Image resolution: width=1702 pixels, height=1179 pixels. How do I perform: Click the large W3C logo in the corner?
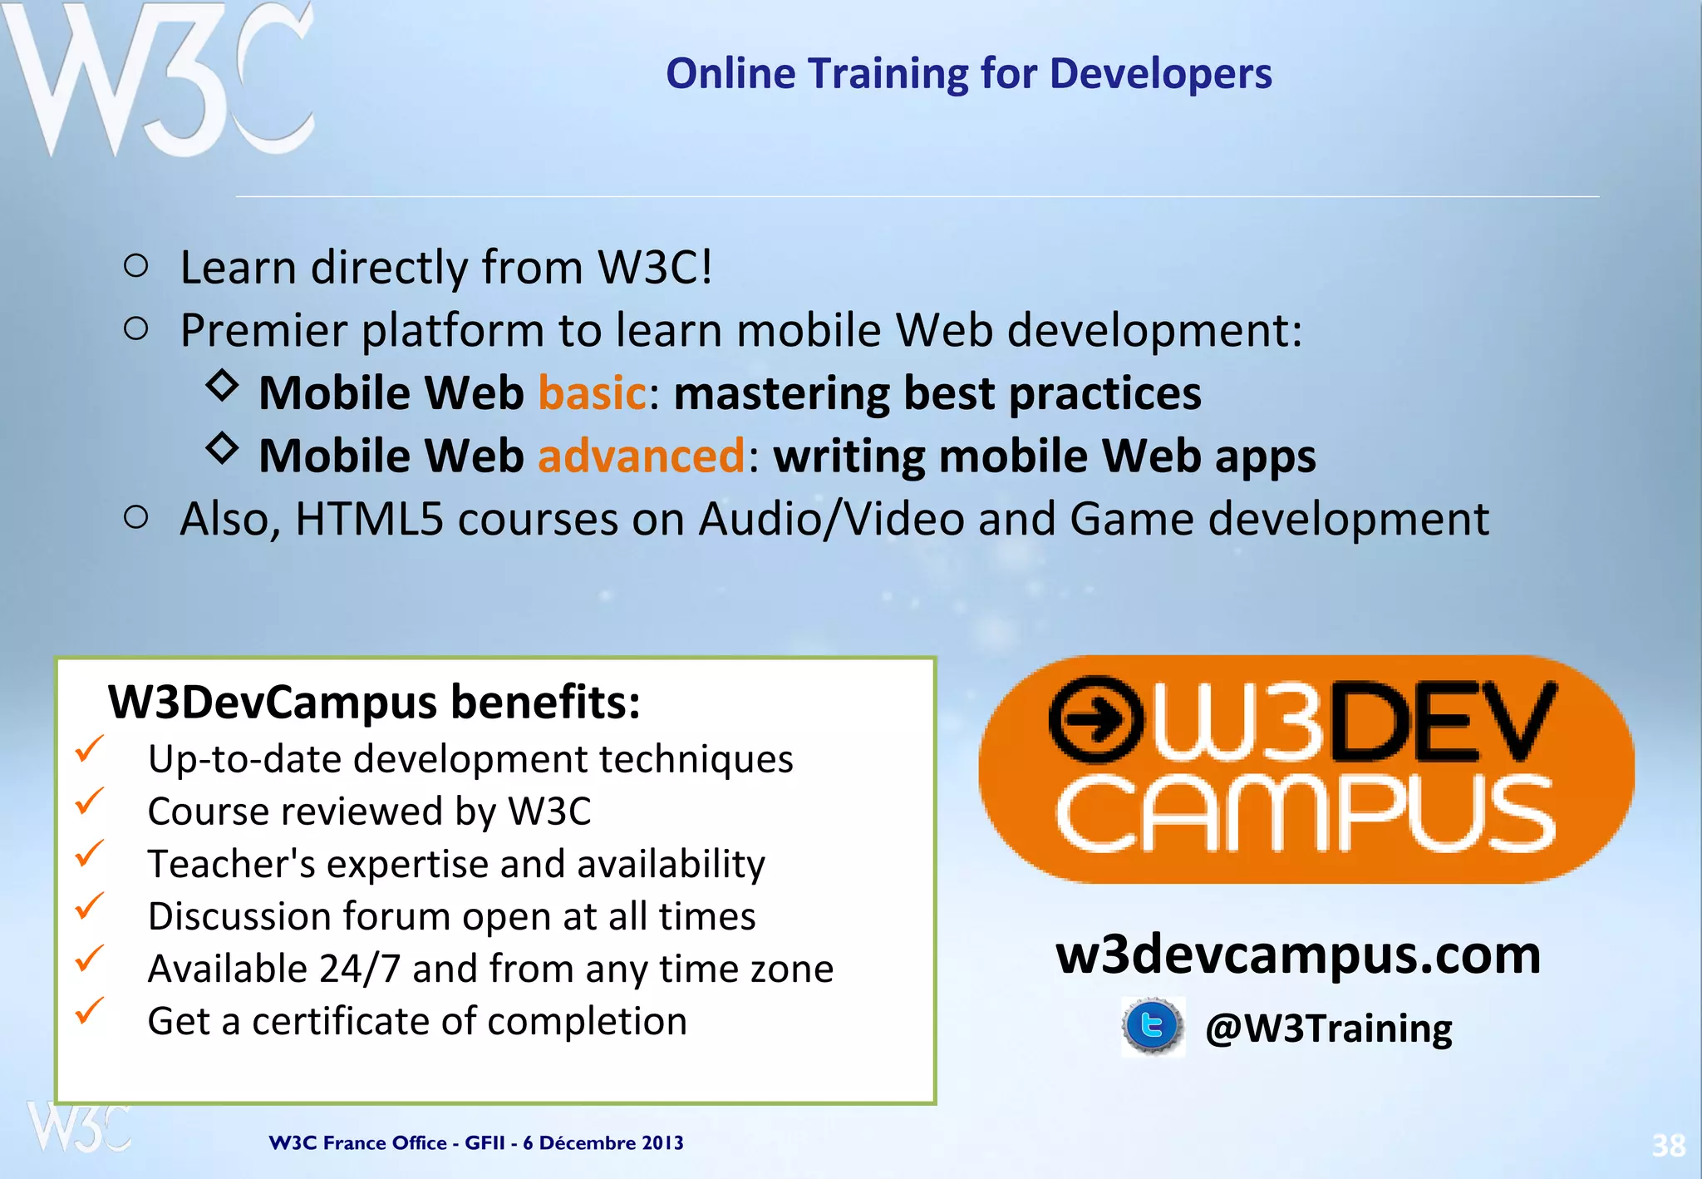158,79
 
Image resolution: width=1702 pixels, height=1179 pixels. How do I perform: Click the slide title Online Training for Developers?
968,73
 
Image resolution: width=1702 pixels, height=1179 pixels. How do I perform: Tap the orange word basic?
592,392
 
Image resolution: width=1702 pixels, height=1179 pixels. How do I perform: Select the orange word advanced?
642,456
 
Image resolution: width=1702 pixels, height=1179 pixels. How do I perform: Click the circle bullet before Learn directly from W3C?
135,266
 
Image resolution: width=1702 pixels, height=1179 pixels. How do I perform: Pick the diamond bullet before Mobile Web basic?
222,386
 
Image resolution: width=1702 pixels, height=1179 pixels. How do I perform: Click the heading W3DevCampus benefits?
374,702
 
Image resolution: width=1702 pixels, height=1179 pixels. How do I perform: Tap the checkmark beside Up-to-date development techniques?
89,748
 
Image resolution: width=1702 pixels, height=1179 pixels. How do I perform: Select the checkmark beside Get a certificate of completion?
89,1011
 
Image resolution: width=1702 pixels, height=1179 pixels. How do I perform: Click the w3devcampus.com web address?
1297,955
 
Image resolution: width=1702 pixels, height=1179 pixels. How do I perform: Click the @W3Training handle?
1328,1029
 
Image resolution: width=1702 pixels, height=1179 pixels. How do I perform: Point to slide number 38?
1668,1146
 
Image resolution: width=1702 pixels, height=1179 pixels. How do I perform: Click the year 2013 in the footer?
662,1142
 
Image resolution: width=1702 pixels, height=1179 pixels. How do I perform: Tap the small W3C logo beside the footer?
79,1127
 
